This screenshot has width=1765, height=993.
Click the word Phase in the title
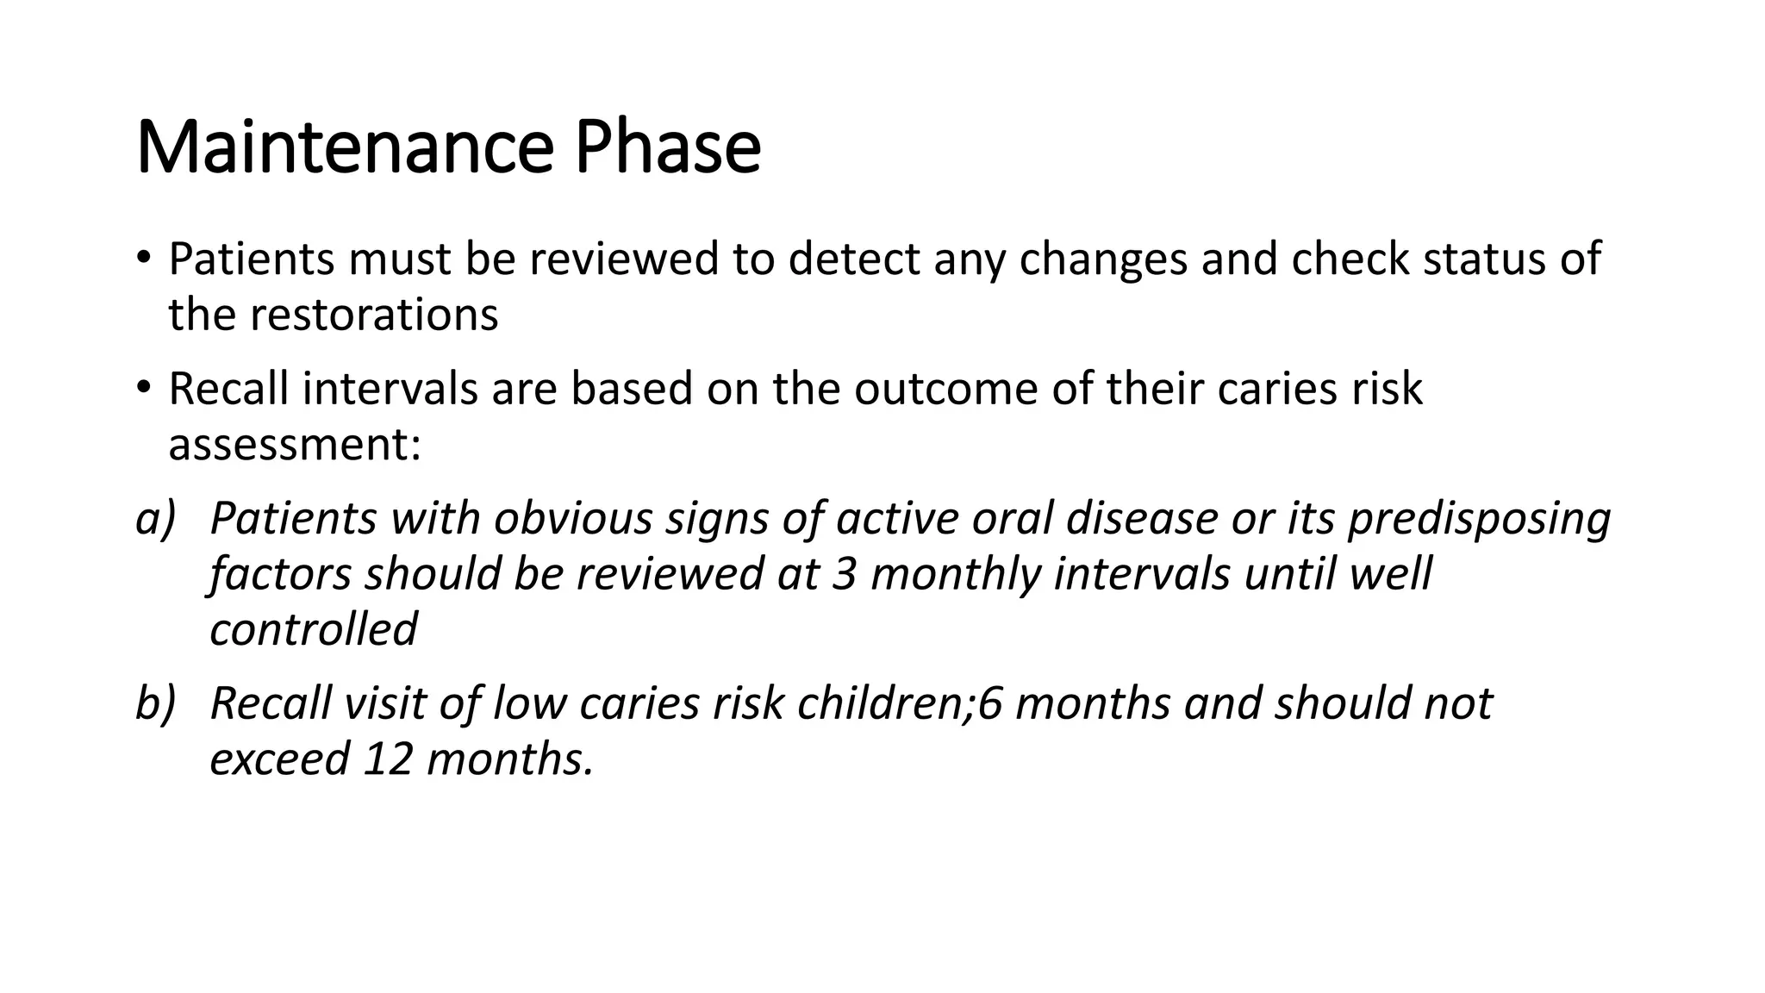point(668,147)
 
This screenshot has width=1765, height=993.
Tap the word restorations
point(374,315)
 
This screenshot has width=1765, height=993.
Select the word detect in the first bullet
point(853,259)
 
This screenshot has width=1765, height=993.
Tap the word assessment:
point(294,445)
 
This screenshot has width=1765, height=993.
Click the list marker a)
point(156,519)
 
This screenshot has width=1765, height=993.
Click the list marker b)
point(156,703)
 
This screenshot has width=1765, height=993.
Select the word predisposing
point(1479,519)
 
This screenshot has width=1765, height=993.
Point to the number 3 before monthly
point(845,574)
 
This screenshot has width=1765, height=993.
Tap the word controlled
point(314,629)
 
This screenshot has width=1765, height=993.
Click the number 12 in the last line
point(389,759)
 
